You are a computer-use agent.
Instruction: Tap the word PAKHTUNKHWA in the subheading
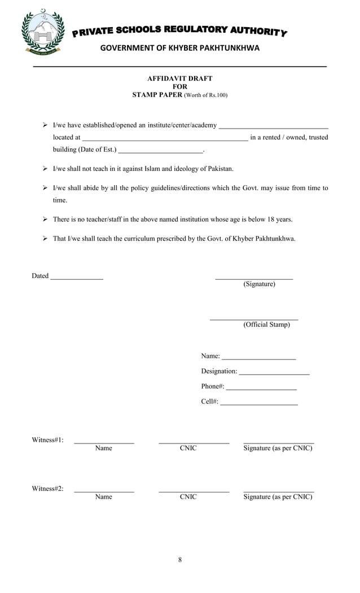(x=226, y=48)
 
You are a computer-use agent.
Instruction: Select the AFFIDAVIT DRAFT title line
(x=179, y=79)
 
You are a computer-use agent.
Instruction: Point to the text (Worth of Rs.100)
(x=206, y=95)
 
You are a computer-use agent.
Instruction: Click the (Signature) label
(x=260, y=284)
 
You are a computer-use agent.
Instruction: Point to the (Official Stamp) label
(x=267, y=325)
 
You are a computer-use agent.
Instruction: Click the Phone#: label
(x=213, y=386)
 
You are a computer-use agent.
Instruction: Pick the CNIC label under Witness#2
(x=188, y=497)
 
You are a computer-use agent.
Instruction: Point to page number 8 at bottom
(x=180, y=560)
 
